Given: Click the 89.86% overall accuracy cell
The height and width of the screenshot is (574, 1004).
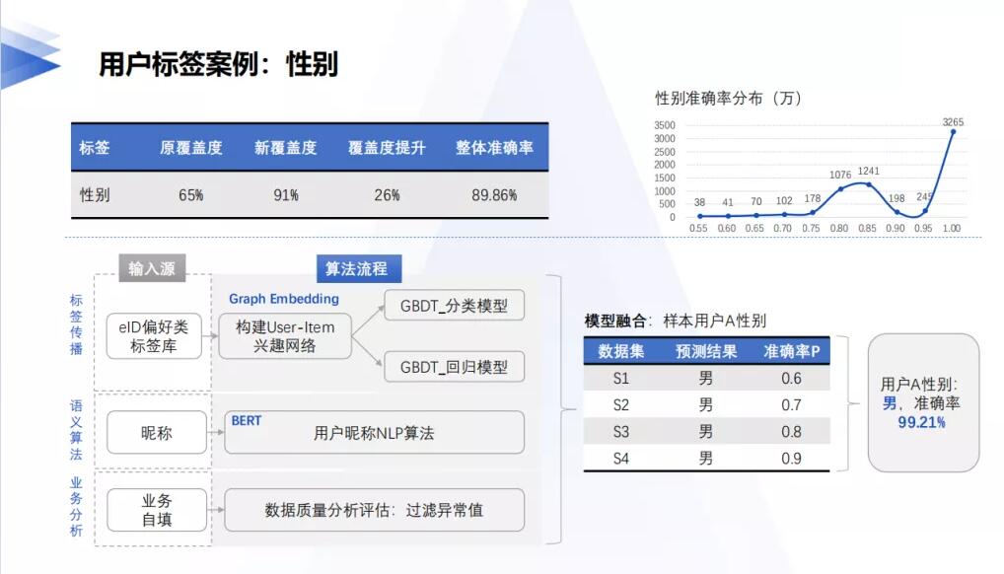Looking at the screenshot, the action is point(494,194).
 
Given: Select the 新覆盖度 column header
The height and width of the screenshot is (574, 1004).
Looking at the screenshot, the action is point(286,148).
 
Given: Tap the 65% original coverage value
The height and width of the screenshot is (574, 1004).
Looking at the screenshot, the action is point(190,194).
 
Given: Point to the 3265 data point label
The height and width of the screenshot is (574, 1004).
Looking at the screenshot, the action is point(953,121).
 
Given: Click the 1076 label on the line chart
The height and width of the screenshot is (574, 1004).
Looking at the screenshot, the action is point(840,175).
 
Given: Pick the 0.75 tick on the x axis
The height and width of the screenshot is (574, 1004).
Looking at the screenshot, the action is point(811,228).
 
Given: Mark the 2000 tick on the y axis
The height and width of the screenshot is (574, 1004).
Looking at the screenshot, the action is point(665,165).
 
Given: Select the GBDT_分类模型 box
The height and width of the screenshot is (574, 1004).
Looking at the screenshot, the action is point(454,306).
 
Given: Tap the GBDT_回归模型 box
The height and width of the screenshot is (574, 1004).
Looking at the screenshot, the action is point(454,367).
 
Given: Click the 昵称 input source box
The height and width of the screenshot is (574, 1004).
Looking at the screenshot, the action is point(157,433).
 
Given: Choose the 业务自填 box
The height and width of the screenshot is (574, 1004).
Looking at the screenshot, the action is point(157,510).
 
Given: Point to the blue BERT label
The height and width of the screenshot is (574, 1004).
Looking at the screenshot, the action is point(247,420).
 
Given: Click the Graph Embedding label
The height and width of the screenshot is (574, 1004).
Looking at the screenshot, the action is point(284,299).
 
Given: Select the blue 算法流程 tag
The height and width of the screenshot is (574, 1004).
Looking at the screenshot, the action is point(359,268).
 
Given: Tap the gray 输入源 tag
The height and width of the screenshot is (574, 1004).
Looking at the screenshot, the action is point(152,268).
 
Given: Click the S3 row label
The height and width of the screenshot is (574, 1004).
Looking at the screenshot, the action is point(620,432).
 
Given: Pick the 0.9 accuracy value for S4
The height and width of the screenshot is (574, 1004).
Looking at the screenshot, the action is point(791,459).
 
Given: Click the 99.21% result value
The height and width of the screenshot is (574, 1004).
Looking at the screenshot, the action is point(921,422).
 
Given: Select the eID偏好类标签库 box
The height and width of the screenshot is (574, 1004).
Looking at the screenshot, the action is point(154,336).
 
